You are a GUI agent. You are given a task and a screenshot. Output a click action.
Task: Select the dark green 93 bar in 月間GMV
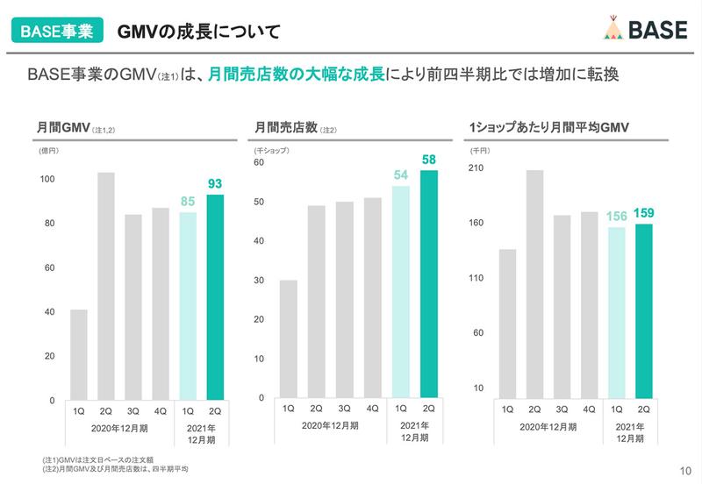tap(215, 297)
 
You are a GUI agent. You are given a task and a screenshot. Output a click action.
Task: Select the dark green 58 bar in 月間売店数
tap(429, 284)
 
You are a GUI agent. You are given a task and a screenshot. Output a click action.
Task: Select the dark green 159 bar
tap(643, 311)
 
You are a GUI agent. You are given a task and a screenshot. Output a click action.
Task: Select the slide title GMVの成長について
tap(199, 32)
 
